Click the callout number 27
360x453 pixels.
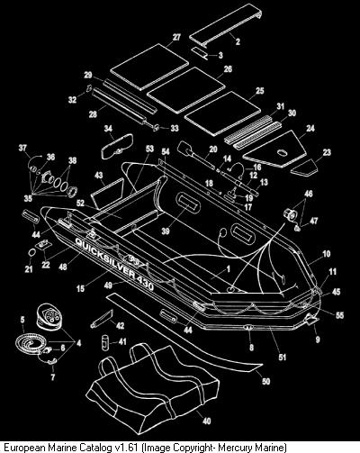(176, 37)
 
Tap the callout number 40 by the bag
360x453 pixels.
(207, 421)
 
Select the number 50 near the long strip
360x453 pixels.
(265, 381)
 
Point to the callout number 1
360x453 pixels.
(229, 269)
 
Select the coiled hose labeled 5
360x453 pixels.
(31, 343)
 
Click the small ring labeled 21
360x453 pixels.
(31, 253)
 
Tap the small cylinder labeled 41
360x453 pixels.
(104, 341)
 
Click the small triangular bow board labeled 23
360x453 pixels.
(304, 168)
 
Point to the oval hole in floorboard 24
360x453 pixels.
(282, 153)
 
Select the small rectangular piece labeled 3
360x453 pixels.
(200, 53)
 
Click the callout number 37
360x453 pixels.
(22, 148)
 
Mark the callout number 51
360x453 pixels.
(283, 358)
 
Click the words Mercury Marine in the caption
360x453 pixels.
(252, 448)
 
